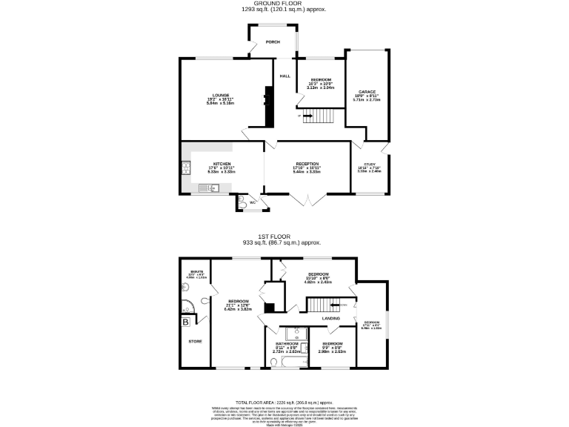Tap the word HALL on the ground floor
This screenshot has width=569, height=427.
click(x=284, y=76)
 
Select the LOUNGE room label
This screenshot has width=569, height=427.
click(x=220, y=95)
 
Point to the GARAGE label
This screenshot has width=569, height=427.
click(x=367, y=92)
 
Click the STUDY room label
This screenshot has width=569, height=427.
click(x=369, y=164)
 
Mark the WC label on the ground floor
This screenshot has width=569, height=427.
click(x=252, y=202)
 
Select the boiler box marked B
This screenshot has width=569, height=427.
click(x=186, y=322)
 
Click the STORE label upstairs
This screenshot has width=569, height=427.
click(x=195, y=341)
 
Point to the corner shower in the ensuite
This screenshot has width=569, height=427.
click(x=187, y=305)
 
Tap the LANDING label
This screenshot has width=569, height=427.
click(x=330, y=319)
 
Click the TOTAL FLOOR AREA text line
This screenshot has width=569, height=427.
click(x=284, y=400)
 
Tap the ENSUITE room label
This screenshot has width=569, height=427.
click(x=196, y=272)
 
